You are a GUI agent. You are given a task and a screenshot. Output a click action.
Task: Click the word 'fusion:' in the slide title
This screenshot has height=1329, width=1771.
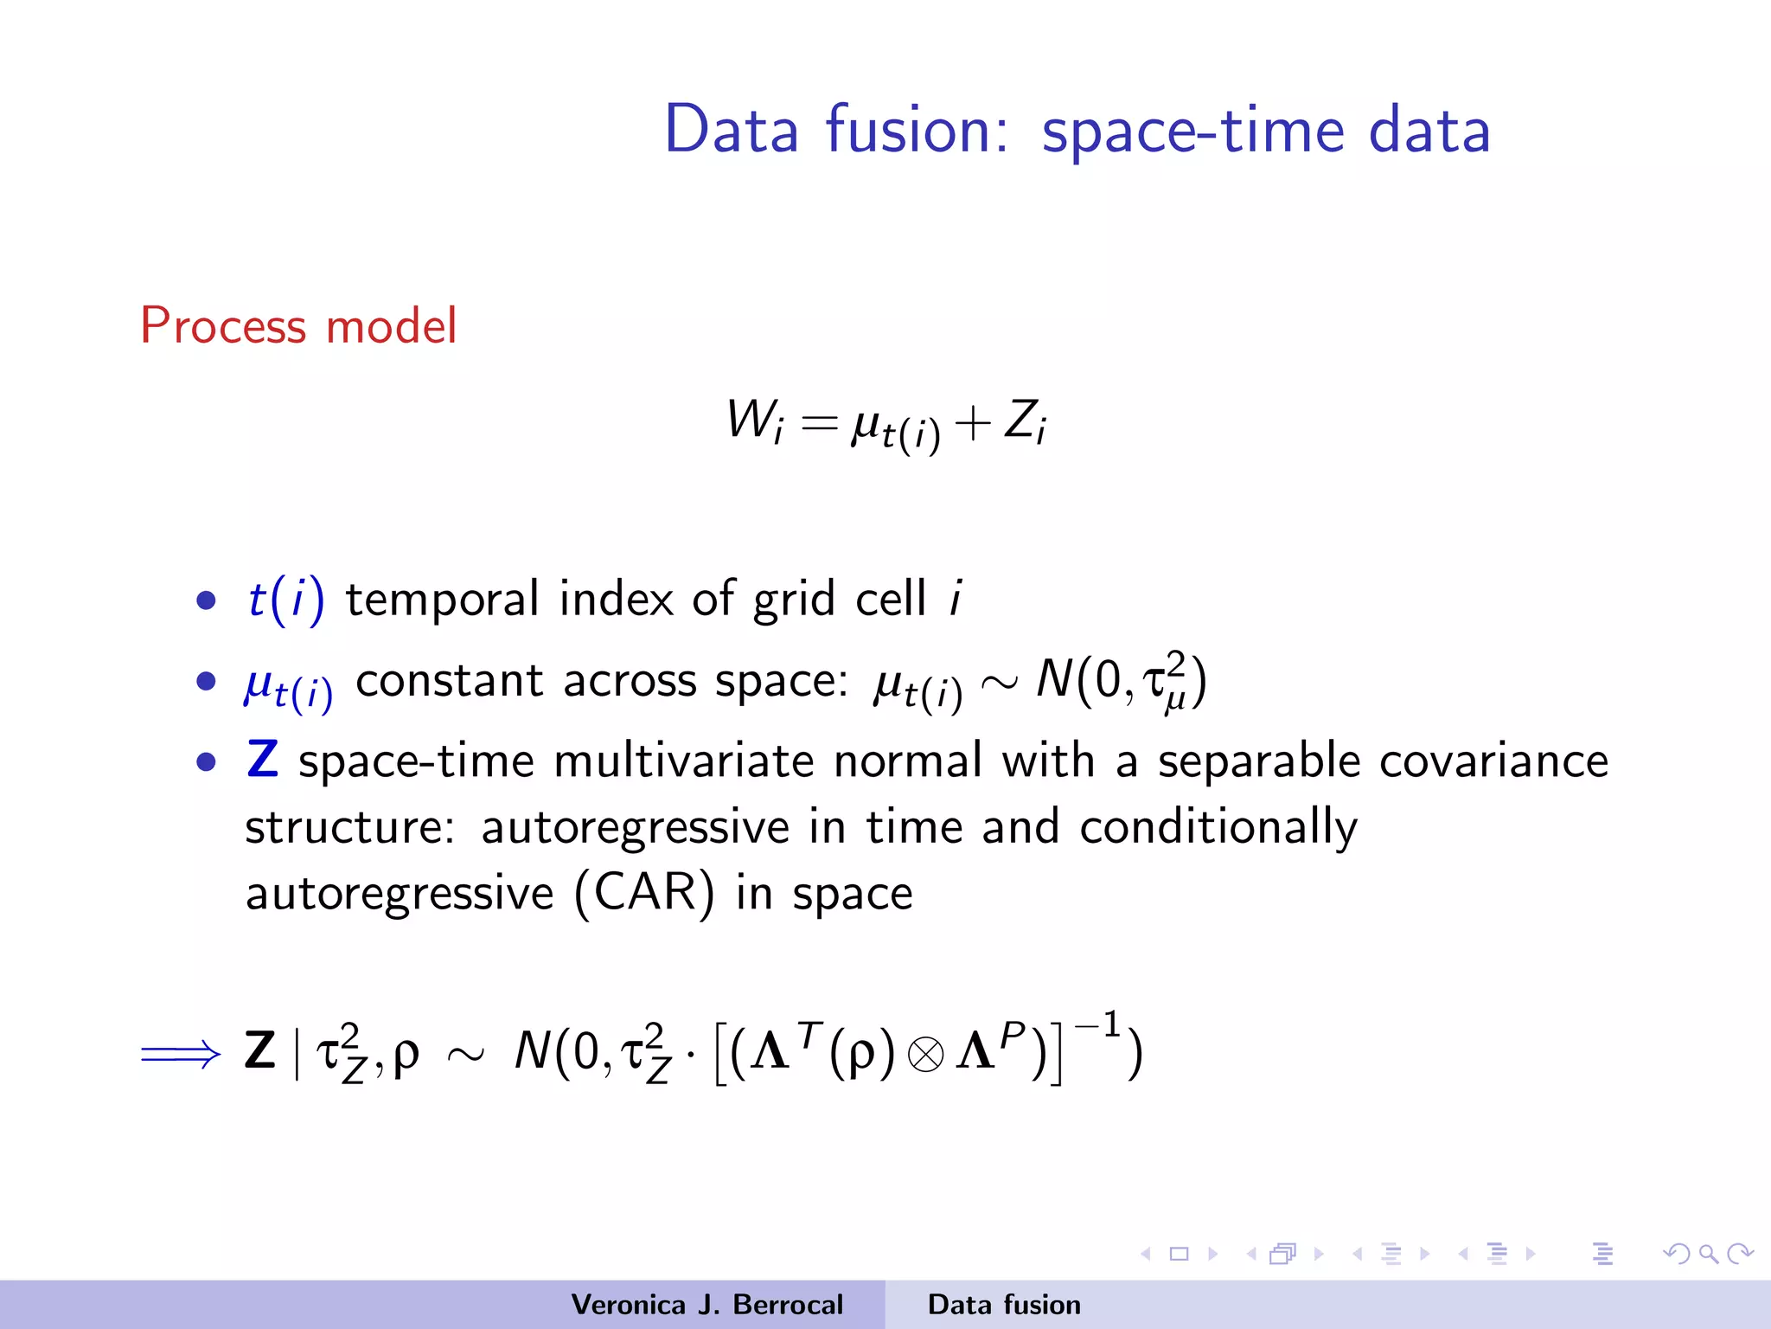point(917,130)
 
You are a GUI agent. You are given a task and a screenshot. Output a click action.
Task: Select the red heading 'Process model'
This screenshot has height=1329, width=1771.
point(298,326)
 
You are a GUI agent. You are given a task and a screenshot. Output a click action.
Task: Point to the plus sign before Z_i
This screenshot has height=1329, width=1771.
point(973,424)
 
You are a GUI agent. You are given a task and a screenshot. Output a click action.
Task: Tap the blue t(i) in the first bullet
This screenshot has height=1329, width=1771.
point(286,599)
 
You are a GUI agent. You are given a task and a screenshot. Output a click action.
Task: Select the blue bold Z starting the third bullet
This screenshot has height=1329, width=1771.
point(262,760)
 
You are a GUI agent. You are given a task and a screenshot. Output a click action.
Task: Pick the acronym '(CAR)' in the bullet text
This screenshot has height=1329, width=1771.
point(644,893)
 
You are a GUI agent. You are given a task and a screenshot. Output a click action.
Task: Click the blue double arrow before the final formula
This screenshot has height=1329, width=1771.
point(181,1054)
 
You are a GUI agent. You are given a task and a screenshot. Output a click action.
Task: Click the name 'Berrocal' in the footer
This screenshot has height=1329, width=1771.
point(788,1304)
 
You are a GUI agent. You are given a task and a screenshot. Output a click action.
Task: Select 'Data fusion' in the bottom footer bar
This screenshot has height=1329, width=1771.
point(1004,1304)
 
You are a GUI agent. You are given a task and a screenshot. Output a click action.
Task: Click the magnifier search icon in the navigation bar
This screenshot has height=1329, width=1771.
point(1708,1253)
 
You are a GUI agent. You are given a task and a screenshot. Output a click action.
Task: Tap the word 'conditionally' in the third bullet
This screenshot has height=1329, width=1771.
point(1218,828)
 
